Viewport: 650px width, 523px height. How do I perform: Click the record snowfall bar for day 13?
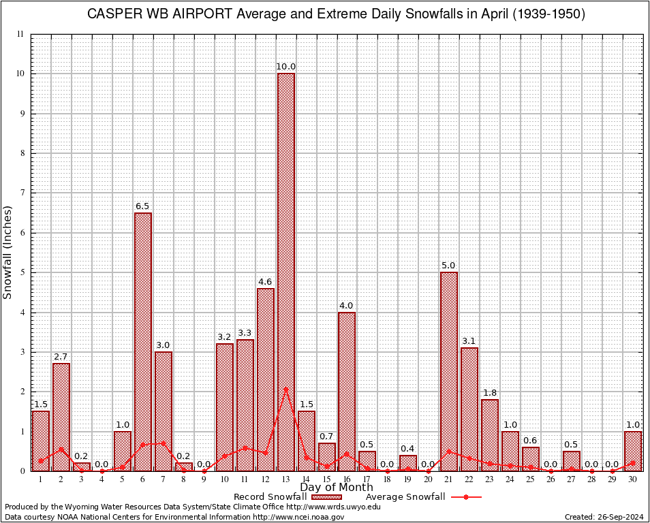[x=285, y=272]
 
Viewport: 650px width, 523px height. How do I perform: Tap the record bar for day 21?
[x=449, y=372]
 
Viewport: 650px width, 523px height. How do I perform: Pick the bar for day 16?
[x=347, y=392]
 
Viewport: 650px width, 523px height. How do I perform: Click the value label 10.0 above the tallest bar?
[x=285, y=67]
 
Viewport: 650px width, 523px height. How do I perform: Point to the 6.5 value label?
[x=143, y=206]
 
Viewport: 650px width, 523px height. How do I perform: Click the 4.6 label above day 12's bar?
[x=265, y=282]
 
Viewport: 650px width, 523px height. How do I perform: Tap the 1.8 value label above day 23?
[x=490, y=393]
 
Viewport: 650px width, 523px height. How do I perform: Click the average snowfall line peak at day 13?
[x=285, y=389]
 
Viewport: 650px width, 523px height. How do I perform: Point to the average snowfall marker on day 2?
[x=61, y=449]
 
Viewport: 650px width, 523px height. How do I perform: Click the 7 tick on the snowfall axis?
[x=22, y=193]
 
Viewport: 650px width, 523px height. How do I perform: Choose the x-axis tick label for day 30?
[x=633, y=479]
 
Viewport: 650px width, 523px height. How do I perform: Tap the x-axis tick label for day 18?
[x=388, y=479]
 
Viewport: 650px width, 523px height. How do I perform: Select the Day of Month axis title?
[x=336, y=488]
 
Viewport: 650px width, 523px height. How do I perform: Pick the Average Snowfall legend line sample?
[x=466, y=497]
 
